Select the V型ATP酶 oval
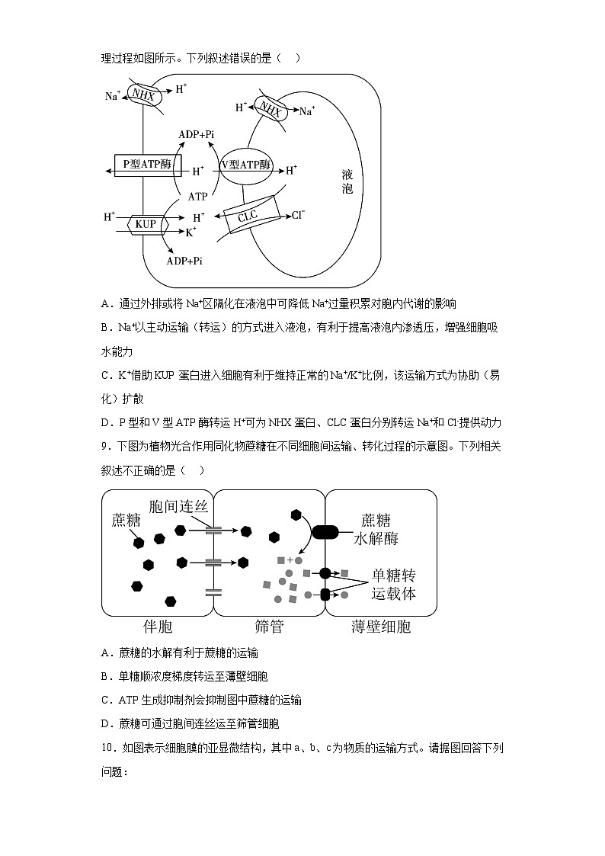[246, 165]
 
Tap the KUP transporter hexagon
[145, 224]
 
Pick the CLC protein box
[248, 216]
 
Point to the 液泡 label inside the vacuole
[347, 181]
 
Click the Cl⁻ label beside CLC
[298, 215]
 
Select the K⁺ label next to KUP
[191, 231]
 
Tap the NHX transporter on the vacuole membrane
[270, 111]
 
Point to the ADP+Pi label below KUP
[184, 261]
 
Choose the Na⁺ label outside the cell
[113, 96]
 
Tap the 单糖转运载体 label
[393, 584]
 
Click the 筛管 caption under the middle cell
[269, 627]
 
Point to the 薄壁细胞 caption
[381, 627]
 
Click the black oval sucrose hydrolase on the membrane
[325, 532]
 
